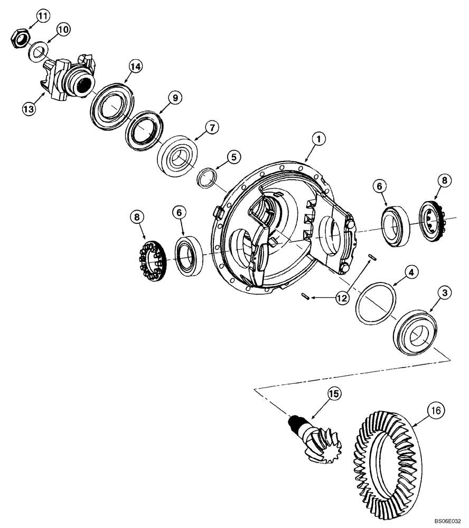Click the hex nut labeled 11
point(20,38)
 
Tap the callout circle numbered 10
point(63,30)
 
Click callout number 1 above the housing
point(318,139)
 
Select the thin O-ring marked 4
point(376,301)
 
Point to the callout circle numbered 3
point(445,292)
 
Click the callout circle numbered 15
point(334,393)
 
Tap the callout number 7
point(211,127)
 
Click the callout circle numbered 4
point(413,273)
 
